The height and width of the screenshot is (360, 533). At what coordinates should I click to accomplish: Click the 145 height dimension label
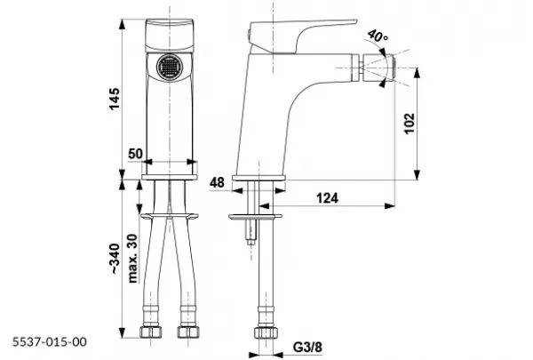[x=115, y=99]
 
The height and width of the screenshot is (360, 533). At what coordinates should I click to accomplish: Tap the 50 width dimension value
[x=135, y=154]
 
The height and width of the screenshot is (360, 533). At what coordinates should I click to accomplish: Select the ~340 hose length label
[x=115, y=259]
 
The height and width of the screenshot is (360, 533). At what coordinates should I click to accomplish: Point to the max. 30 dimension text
[x=133, y=259]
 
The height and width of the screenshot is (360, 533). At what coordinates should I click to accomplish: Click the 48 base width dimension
[x=217, y=183]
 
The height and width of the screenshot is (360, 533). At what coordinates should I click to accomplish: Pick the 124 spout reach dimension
[x=327, y=197]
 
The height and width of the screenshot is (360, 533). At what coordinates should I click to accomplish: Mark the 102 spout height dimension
[x=410, y=124]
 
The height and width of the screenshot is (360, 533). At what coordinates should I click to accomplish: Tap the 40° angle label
[x=378, y=36]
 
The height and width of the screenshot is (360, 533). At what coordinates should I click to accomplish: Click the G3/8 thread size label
[x=307, y=348]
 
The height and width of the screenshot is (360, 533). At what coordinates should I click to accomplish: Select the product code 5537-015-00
[x=50, y=341]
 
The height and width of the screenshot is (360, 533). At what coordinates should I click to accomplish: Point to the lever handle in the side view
[x=303, y=36]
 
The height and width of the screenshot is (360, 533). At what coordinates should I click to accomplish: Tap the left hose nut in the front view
[x=151, y=332]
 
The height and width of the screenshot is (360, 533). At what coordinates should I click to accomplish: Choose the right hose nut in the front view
[x=188, y=332]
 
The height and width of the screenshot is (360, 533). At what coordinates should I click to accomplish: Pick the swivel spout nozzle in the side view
[x=378, y=67]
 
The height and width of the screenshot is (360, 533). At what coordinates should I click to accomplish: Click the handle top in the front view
[x=170, y=36]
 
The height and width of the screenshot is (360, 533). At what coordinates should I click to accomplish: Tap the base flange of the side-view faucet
[x=259, y=178]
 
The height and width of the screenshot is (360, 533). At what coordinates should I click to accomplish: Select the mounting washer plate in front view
[x=170, y=216]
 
